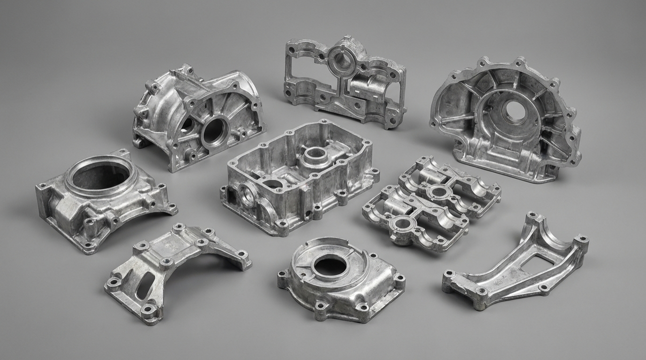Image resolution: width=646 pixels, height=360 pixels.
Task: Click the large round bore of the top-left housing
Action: (x=215, y=132)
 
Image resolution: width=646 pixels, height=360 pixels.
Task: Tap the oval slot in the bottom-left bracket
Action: (x=146, y=285)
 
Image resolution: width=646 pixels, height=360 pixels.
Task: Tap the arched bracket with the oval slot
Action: (x=174, y=268)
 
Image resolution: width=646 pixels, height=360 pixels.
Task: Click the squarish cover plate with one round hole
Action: (x=340, y=282)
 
